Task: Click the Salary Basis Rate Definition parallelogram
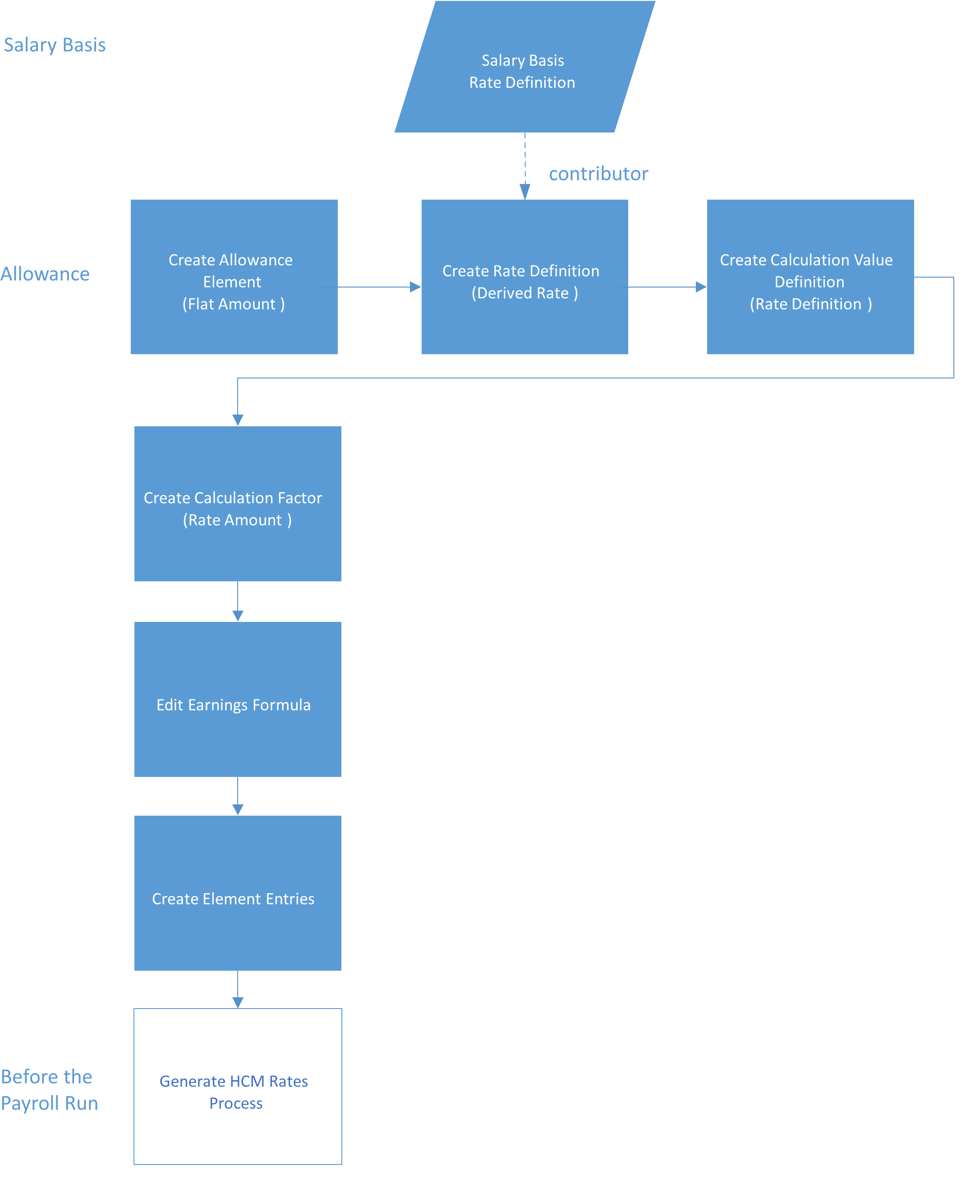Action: point(524,67)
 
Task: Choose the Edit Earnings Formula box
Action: point(237,699)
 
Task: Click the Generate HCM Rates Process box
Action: point(237,1086)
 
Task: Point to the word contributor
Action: point(598,174)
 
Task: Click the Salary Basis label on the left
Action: point(55,45)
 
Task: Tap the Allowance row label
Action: point(45,274)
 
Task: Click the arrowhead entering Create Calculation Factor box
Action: point(237,420)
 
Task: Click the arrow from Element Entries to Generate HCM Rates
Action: point(237,990)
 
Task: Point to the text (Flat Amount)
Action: point(234,304)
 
